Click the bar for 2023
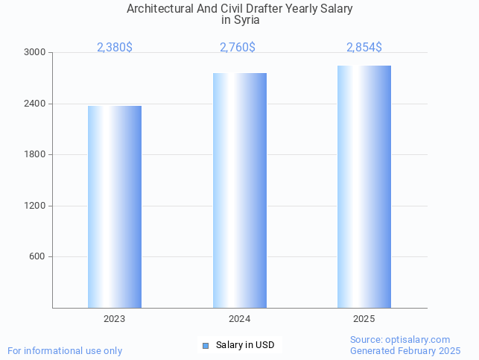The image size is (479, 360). [115, 206]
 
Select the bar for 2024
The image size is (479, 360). [239, 190]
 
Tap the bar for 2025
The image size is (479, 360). [364, 186]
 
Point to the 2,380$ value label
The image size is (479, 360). [115, 48]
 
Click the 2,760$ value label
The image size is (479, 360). [238, 48]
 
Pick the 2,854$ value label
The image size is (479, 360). [364, 48]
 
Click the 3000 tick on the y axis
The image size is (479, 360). [36, 53]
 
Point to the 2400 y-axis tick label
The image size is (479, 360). [36, 104]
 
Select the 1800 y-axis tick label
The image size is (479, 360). [36, 155]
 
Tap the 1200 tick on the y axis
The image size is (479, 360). [36, 206]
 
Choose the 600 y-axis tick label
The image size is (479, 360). [38, 257]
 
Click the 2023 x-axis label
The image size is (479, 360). [115, 319]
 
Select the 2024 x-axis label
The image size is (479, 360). [239, 319]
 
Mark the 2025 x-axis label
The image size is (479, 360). [364, 319]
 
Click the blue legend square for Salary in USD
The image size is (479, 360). [206, 345]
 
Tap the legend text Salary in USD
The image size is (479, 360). [245, 345]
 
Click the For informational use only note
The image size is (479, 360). [65, 350]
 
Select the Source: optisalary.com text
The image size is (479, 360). [400, 340]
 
